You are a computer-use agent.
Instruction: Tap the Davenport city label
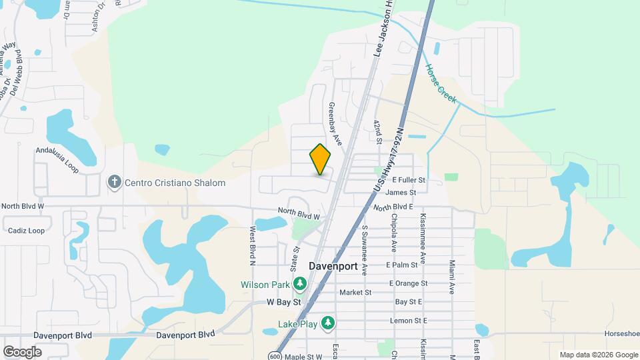[333, 266]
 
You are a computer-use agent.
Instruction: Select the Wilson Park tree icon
[300, 285]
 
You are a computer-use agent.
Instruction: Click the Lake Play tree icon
[327, 323]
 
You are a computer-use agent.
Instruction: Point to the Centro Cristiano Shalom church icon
[114, 182]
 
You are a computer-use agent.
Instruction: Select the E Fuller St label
[409, 180]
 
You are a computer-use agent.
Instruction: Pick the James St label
[405, 192]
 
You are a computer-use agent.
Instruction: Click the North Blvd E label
[399, 207]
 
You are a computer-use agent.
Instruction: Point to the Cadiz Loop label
[27, 231]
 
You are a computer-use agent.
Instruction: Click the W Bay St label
[285, 302]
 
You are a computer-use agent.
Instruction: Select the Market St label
[355, 292]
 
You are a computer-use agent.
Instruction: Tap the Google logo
[23, 351]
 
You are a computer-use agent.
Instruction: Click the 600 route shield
[275, 356]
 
